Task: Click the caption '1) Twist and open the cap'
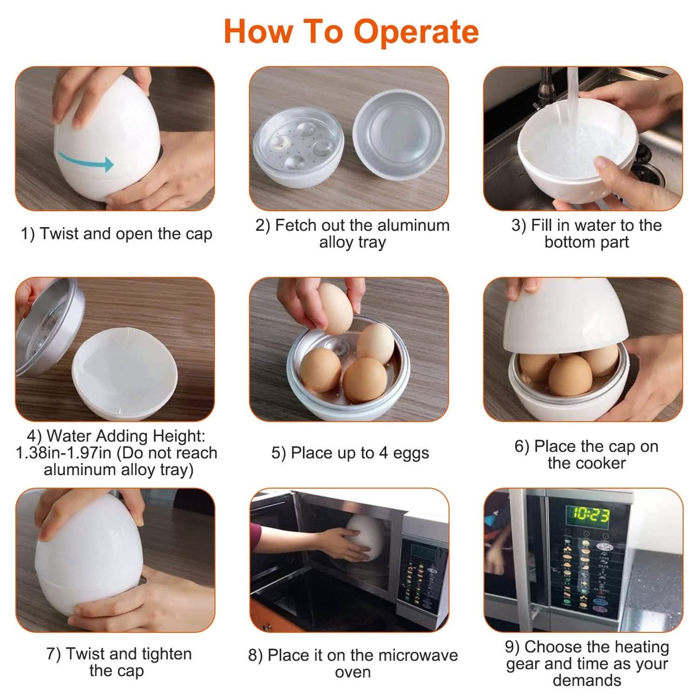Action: coord(116,234)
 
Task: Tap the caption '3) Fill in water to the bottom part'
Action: coord(586,234)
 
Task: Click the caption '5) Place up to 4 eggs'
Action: coord(350,453)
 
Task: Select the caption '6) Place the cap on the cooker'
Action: coord(586,455)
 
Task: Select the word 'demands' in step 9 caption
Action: coord(587,680)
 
